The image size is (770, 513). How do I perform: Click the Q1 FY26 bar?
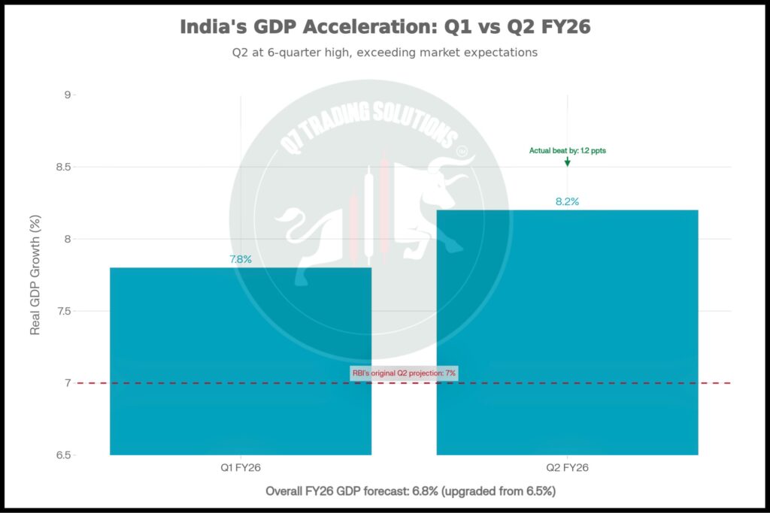(x=241, y=361)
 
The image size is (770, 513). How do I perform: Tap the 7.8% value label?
(x=241, y=259)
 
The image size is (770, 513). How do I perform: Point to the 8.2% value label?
(x=567, y=201)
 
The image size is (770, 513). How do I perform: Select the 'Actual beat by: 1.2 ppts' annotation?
(x=567, y=150)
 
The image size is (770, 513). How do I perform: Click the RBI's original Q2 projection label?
(x=404, y=373)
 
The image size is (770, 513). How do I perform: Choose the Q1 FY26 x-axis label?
(x=241, y=467)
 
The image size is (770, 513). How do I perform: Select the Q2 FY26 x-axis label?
(x=567, y=467)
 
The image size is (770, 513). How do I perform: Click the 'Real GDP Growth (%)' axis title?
(x=35, y=275)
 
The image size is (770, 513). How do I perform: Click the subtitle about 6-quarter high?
(x=385, y=53)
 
